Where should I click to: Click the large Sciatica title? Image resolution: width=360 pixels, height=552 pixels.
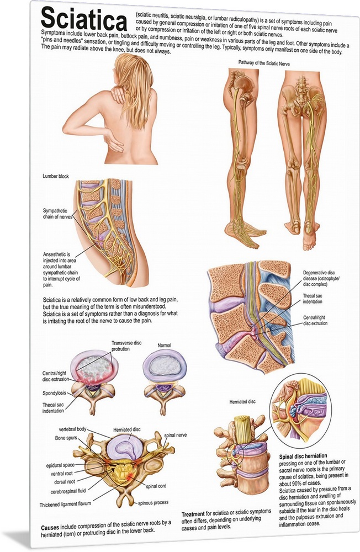click(x=84, y=20)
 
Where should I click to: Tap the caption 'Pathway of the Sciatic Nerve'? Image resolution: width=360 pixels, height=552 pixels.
click(x=264, y=63)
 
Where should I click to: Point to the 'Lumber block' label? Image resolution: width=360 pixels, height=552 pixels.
click(x=56, y=176)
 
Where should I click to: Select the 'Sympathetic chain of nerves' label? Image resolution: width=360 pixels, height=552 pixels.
click(x=57, y=214)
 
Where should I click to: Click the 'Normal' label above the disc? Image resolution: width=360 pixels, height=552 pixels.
click(x=164, y=346)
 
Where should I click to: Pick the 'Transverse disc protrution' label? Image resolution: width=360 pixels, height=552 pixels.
click(x=126, y=346)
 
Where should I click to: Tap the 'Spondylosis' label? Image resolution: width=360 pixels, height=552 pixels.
click(x=54, y=393)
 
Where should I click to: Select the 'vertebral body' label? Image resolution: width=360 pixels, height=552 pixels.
click(x=72, y=429)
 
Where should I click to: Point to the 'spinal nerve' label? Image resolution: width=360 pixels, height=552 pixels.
click(x=175, y=435)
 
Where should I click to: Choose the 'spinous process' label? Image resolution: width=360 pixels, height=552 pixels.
click(x=153, y=502)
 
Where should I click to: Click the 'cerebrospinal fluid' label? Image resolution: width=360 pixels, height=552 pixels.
click(x=68, y=491)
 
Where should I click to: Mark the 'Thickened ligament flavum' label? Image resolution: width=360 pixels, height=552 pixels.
click(x=65, y=504)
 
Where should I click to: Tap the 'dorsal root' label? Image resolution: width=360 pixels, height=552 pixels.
click(x=65, y=481)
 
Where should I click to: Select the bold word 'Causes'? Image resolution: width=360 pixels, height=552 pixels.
click(x=50, y=527)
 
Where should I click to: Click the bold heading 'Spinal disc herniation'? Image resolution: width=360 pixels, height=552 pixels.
click(x=303, y=455)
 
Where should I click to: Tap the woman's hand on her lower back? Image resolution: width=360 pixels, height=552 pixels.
click(x=114, y=144)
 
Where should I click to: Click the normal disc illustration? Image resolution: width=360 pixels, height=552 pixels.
click(x=164, y=382)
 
